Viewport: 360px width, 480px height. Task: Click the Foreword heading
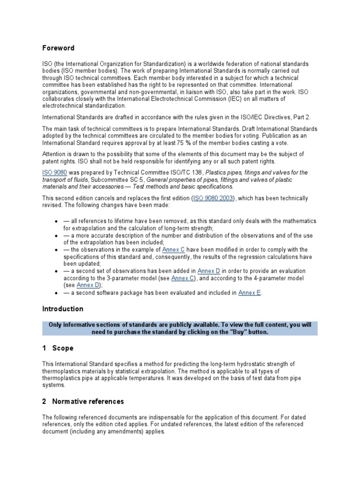[58, 48]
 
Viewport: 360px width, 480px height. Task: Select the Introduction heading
[63, 309]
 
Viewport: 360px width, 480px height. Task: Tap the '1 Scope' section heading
[58, 348]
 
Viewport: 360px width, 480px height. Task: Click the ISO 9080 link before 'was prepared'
[54, 172]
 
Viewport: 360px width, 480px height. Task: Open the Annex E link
[249, 293]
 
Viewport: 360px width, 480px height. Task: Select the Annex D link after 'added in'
[209, 271]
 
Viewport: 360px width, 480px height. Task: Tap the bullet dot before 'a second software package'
[56, 293]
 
